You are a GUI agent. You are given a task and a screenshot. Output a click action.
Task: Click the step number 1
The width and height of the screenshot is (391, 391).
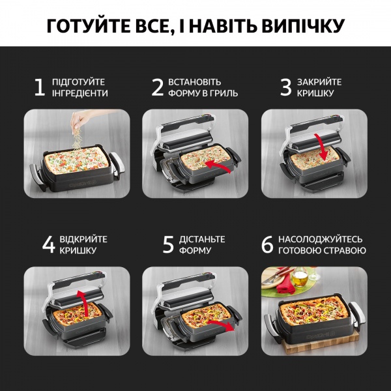[x=40, y=87]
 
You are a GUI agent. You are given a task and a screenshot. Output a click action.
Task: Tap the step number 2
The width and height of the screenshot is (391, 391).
[x=158, y=87]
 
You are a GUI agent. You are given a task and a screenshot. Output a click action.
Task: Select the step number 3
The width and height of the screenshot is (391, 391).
[x=285, y=87]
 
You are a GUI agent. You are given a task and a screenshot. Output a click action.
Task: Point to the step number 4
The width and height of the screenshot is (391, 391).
[x=49, y=244]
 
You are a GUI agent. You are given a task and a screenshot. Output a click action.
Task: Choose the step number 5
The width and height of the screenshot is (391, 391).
[x=168, y=244]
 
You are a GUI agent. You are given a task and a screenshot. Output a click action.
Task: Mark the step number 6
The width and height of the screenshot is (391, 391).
[x=267, y=244]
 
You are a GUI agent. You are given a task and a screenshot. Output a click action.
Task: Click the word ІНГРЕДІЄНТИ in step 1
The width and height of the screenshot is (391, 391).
[x=80, y=93]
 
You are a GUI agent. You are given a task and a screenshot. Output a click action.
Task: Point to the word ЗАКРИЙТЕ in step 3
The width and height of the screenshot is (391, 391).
[x=320, y=82]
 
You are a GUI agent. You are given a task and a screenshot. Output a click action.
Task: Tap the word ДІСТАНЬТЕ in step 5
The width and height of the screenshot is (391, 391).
[x=203, y=239]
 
